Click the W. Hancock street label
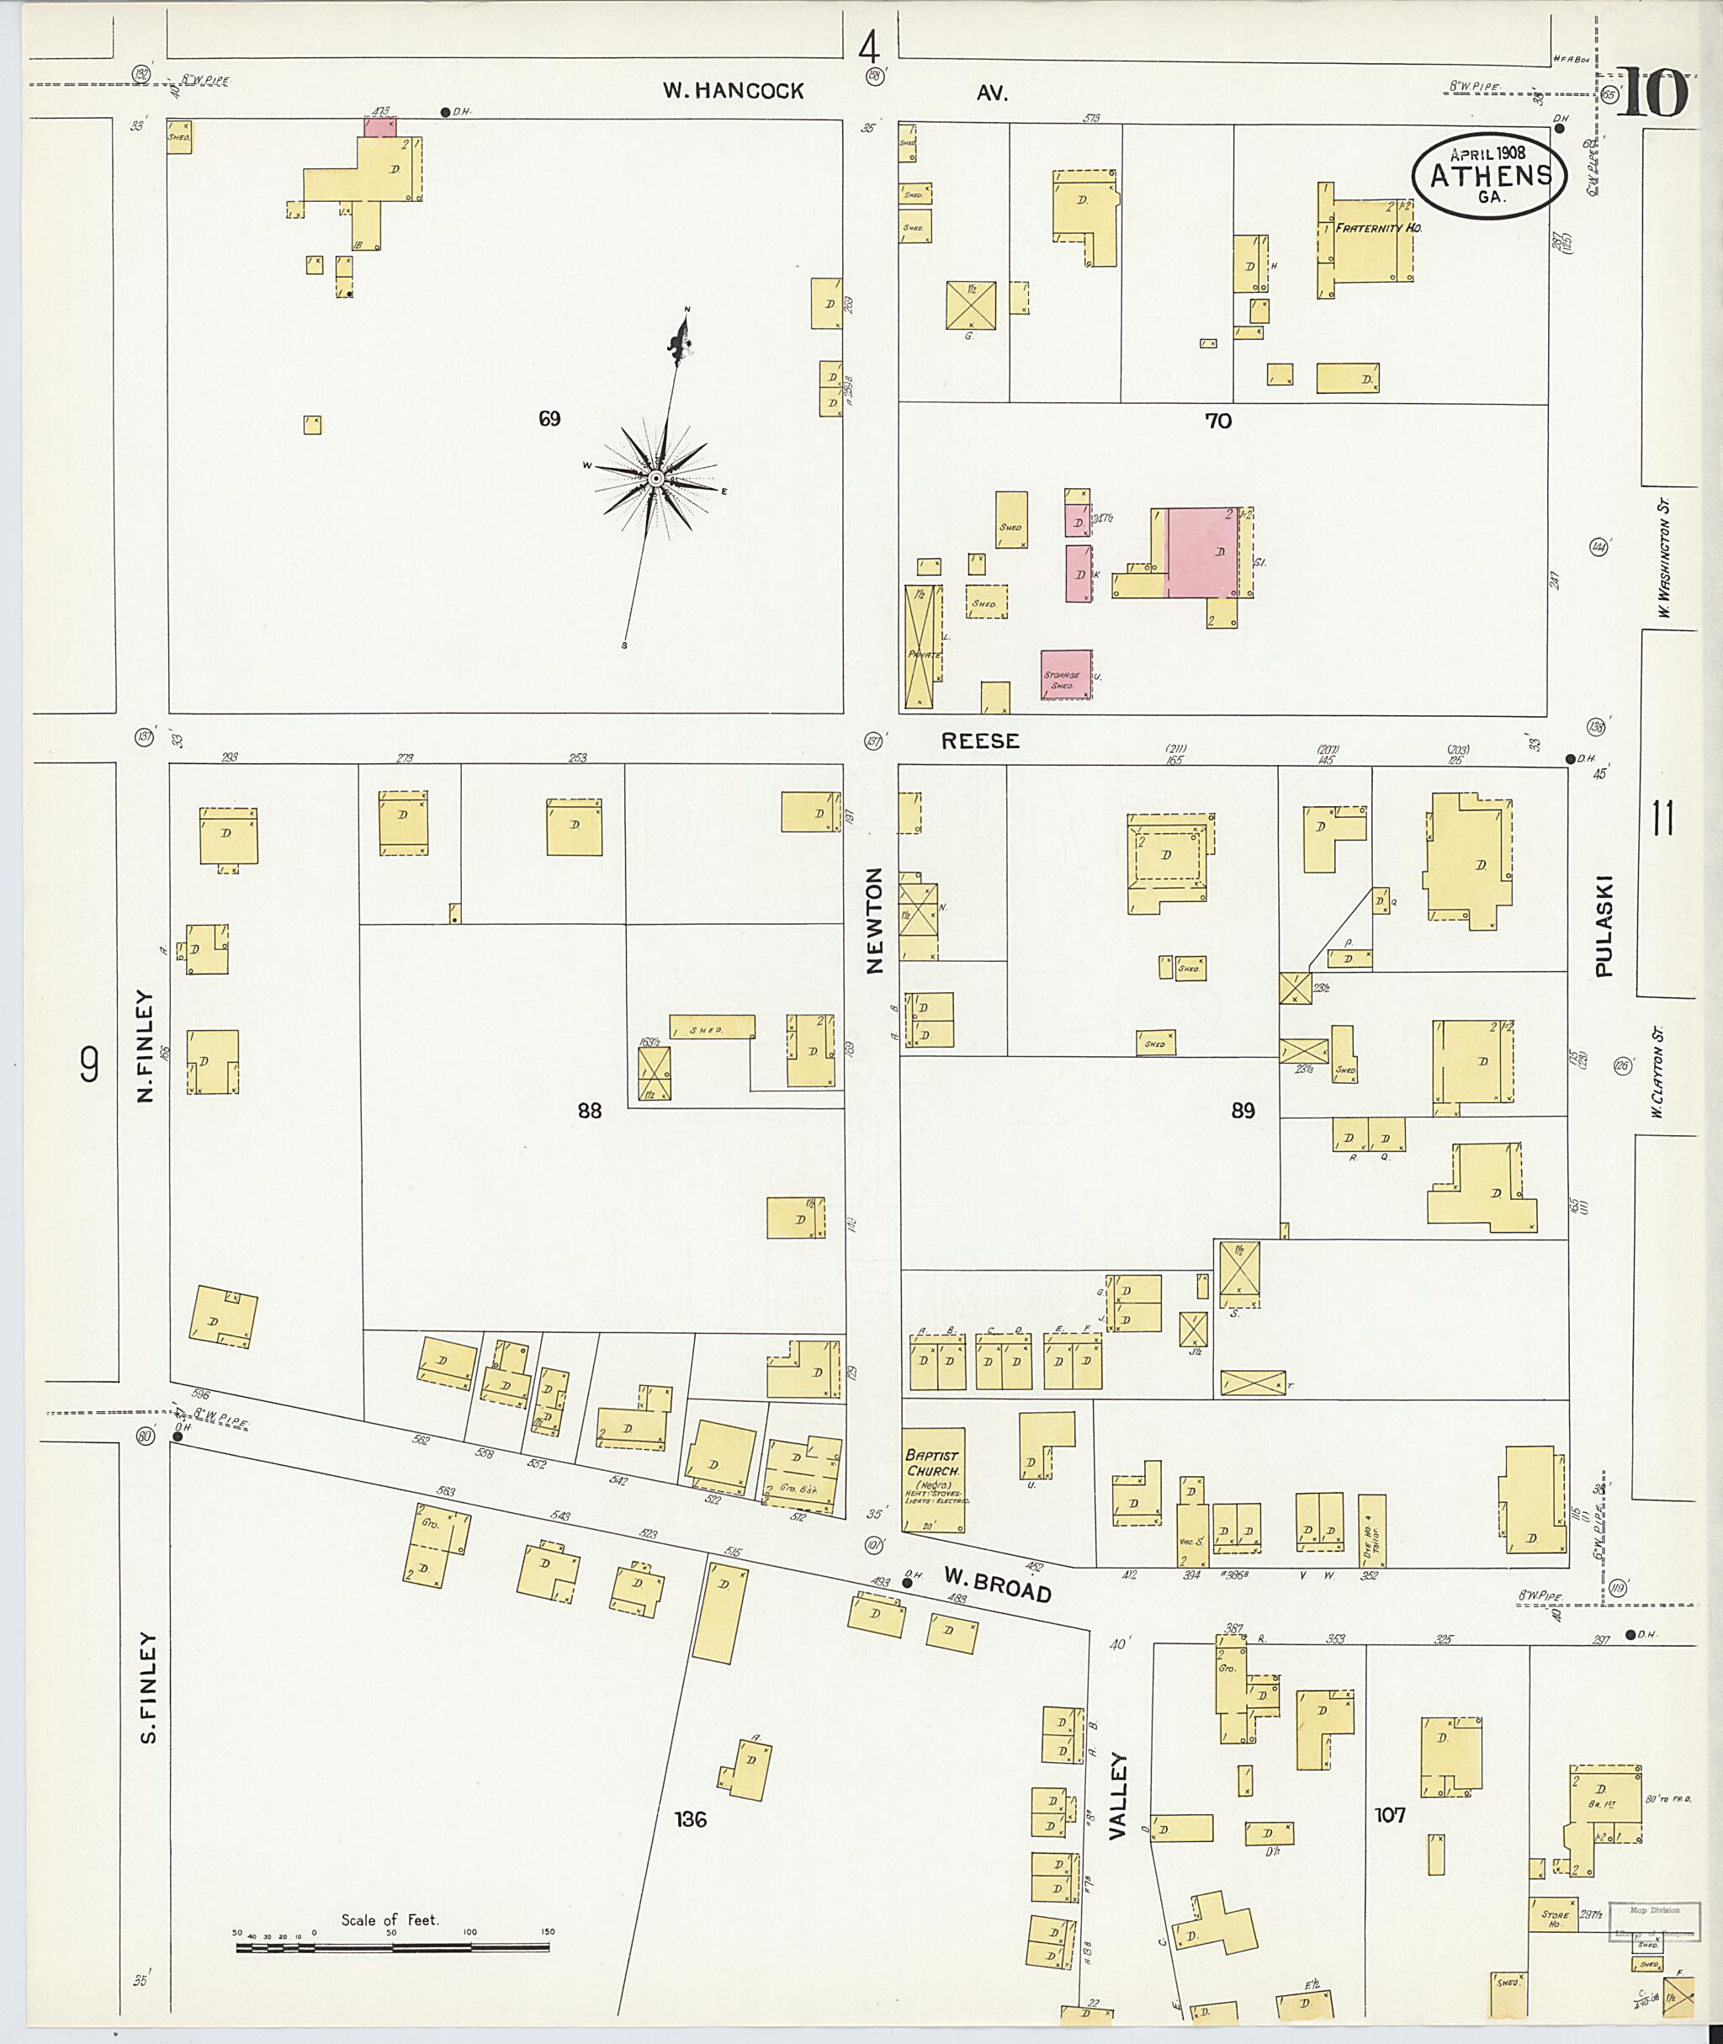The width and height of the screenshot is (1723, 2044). pos(733,91)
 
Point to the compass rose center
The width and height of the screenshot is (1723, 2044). pos(656,478)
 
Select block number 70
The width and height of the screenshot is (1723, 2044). pos(1218,421)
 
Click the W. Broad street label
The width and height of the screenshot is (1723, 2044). pos(997,1584)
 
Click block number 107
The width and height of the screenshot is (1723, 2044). pos(1389,1814)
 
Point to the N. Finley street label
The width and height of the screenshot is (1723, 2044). pos(146,1045)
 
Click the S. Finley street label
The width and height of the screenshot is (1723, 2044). pos(148,1686)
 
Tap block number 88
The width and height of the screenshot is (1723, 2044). pos(589,1110)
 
